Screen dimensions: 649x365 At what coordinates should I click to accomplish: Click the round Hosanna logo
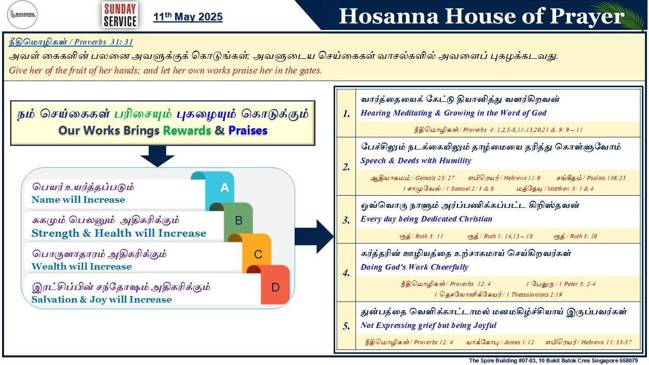click(22, 15)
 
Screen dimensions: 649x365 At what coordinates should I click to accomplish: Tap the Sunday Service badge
click(120, 15)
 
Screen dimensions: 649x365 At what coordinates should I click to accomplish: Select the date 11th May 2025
click(188, 17)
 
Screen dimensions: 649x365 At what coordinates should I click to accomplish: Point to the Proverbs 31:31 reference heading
click(70, 42)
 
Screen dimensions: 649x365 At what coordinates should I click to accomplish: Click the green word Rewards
click(187, 130)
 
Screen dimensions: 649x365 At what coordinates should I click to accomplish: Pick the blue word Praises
click(248, 130)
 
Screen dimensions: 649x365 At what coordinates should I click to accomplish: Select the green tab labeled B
click(238, 221)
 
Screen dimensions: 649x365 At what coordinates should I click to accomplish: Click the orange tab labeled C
click(258, 254)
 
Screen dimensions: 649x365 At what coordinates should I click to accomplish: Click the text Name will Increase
click(78, 200)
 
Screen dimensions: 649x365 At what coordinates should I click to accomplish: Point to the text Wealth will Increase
click(82, 267)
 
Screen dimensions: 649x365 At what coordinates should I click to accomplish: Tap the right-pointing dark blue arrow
click(314, 236)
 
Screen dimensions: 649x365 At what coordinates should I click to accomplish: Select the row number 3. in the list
click(346, 220)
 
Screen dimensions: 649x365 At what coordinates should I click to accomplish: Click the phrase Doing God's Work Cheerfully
click(414, 267)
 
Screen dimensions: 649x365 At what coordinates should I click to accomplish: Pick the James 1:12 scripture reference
click(500, 342)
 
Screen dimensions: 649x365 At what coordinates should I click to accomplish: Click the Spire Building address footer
click(553, 360)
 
